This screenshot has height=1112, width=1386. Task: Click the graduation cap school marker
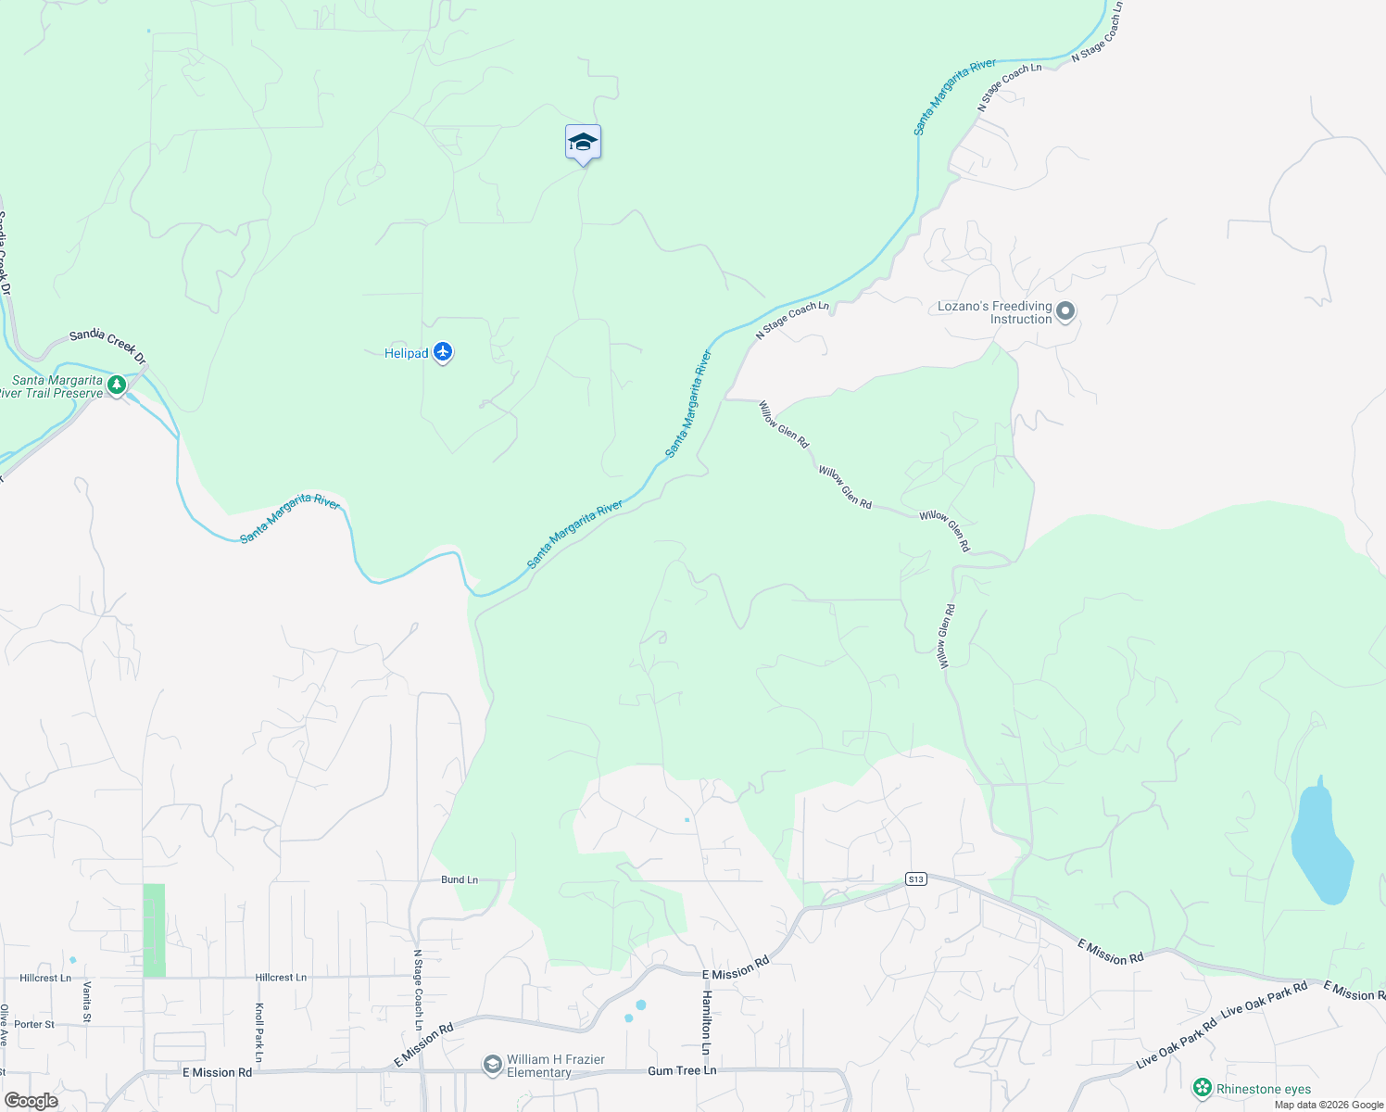pos(583,143)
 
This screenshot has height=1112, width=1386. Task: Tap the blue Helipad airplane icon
pos(443,352)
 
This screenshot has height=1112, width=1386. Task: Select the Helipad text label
pos(407,353)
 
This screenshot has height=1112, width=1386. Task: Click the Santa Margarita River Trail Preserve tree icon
pos(117,385)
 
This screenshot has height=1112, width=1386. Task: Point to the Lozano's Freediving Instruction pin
pos(1065,311)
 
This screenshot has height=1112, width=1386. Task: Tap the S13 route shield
pos(915,878)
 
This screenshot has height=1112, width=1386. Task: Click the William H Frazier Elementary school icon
pos(493,1066)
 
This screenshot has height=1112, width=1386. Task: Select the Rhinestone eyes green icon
pos(1203,1088)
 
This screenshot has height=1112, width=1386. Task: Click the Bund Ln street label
pos(460,879)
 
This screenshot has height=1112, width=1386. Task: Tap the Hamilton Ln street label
pos(706,1022)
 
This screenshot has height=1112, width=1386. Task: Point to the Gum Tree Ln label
pos(682,1070)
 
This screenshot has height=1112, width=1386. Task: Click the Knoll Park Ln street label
pos(259,1032)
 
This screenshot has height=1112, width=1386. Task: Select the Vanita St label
pos(87,1002)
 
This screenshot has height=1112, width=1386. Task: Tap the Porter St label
pos(34,1024)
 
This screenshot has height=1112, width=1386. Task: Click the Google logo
pos(31,1101)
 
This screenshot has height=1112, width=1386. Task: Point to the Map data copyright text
pos(1329,1105)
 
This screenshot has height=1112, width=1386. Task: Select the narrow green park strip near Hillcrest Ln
pos(154,929)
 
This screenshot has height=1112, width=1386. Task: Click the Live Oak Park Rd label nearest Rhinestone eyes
pos(1177,1042)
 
